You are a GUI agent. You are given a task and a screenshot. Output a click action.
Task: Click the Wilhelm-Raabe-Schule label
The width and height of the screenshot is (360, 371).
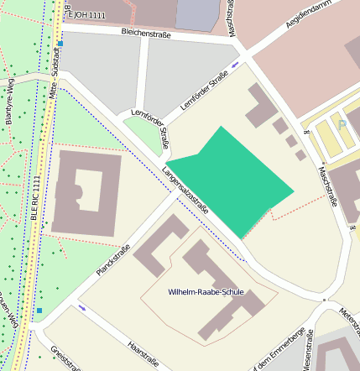[x=206, y=292]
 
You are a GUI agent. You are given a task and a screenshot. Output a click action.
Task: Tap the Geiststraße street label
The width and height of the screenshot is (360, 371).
[x=65, y=359]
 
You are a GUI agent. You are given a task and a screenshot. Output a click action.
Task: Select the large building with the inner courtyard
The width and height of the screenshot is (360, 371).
[x=86, y=193]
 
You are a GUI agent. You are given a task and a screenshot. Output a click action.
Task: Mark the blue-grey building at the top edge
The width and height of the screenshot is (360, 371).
[x=197, y=14]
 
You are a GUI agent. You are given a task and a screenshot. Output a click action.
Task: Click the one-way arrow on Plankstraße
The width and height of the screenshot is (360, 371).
[x=81, y=307]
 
